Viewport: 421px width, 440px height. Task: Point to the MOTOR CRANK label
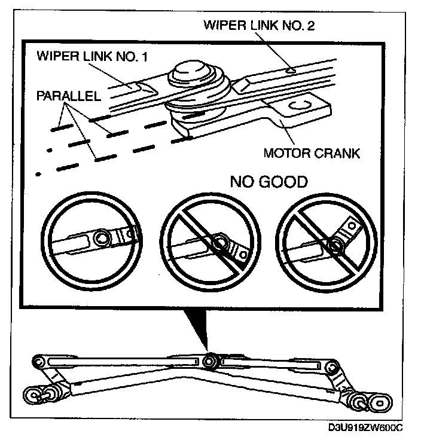312,153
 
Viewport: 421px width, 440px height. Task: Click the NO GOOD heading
269,182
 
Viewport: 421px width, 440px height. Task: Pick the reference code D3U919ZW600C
365,428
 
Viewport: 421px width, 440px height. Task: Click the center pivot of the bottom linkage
209,361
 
